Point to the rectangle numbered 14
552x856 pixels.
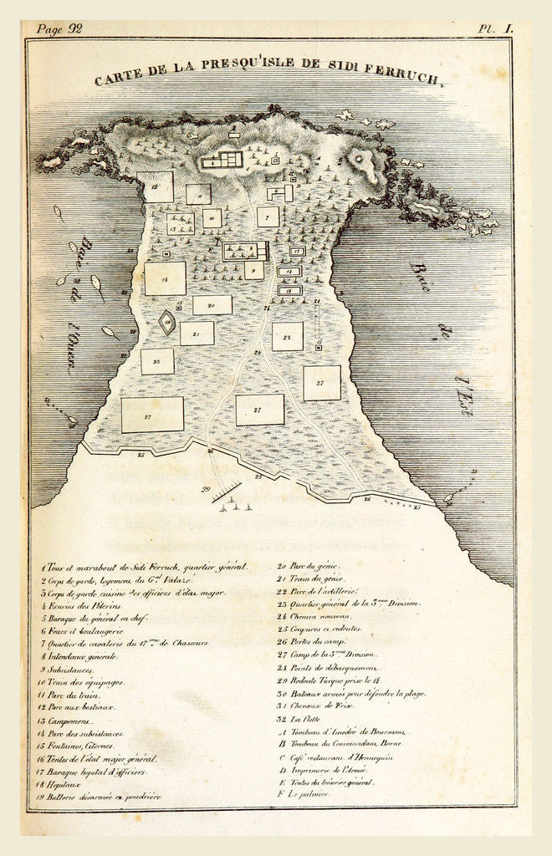165,278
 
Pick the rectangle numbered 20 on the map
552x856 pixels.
212,305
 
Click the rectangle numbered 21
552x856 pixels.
197,334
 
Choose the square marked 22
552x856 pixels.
287,336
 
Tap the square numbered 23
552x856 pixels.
157,361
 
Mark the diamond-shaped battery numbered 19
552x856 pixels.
168,323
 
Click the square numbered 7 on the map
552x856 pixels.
268,217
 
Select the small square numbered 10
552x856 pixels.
212,219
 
